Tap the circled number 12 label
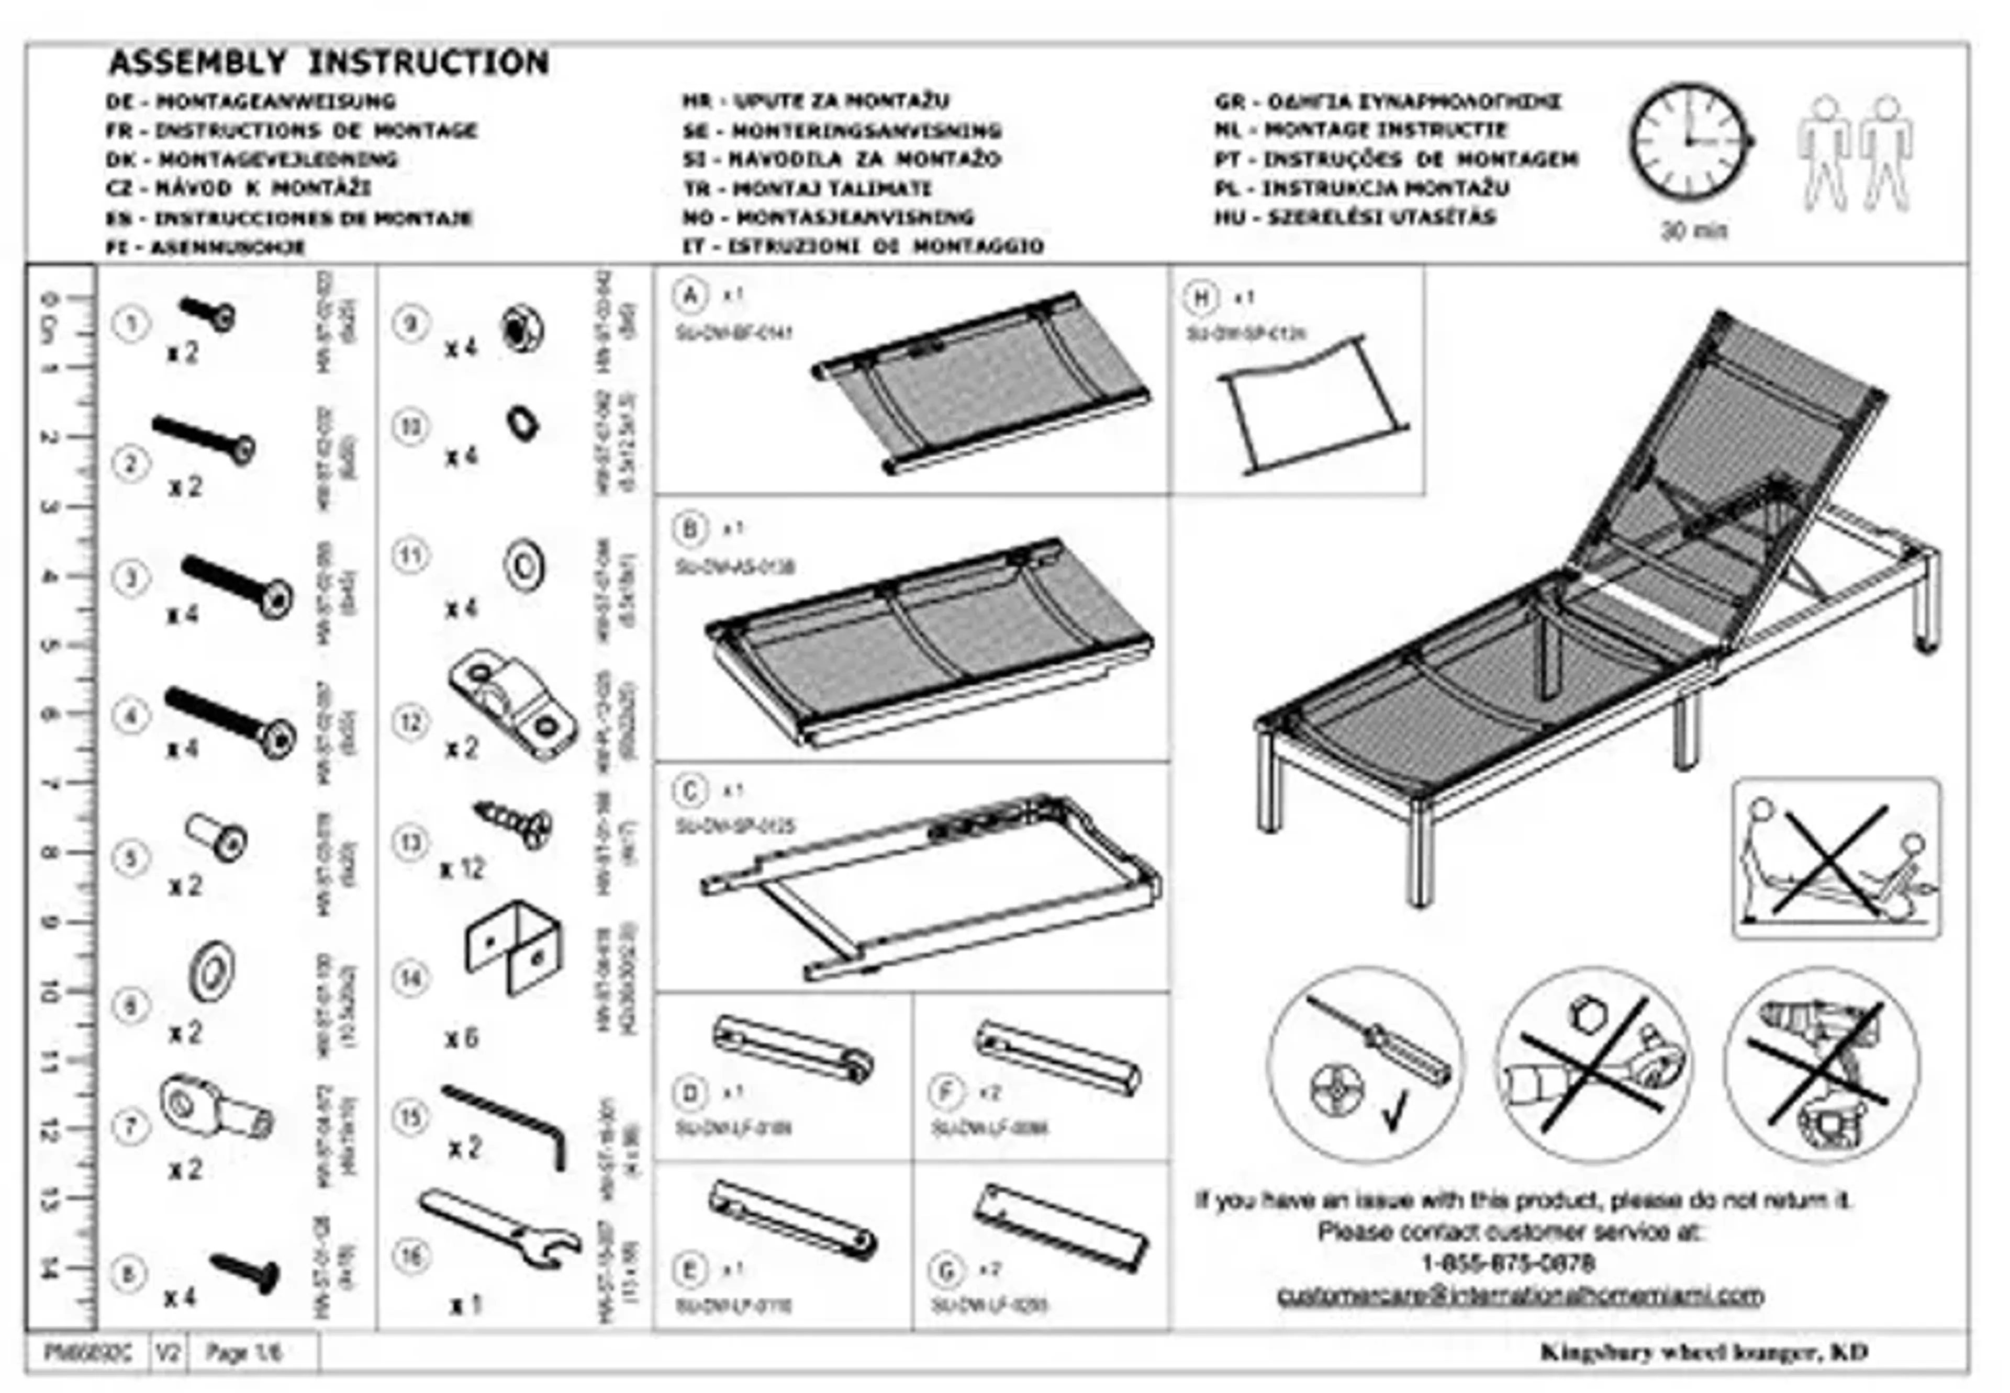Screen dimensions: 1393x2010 click(410, 723)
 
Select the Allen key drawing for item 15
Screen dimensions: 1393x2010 click(507, 1125)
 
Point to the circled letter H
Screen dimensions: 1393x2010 click(1201, 298)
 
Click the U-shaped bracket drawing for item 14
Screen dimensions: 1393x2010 click(512, 947)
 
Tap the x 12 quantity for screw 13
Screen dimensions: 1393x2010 click(461, 869)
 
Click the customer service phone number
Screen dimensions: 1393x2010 click(1508, 1263)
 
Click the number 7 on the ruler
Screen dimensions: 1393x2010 click(51, 784)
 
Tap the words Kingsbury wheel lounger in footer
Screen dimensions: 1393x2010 click(1677, 1352)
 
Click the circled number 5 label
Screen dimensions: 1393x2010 click(130, 858)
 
